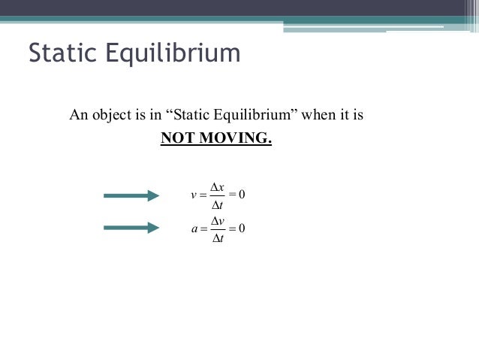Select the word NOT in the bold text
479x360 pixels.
[177, 139]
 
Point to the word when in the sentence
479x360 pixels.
[317, 116]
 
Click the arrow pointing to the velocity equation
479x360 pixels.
[131, 196]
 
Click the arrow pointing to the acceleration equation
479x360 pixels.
[131, 227]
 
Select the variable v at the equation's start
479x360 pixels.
[194, 196]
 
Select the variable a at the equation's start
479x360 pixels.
[194, 228]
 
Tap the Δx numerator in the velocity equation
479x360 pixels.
[218, 187]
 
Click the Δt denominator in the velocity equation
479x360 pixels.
[218, 205]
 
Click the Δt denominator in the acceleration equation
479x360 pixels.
[218, 237]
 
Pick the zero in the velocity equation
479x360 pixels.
[243, 196]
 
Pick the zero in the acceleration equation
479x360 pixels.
[243, 228]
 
